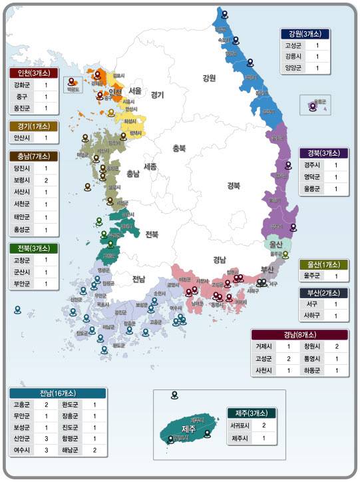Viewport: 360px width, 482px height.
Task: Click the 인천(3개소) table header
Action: [x=34, y=73]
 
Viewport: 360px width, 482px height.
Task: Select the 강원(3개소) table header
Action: [x=305, y=34]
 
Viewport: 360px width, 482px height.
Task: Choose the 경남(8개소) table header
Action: [x=299, y=334]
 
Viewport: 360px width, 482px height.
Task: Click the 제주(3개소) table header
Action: [x=251, y=413]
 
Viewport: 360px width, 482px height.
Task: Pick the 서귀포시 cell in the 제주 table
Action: [x=240, y=425]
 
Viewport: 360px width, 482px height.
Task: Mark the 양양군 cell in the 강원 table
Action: [x=293, y=68]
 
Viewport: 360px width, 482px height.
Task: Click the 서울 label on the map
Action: [x=135, y=91]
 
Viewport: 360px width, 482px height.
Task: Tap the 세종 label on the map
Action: [x=150, y=166]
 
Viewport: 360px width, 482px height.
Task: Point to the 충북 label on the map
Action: [x=178, y=148]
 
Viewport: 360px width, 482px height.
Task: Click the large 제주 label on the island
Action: [x=188, y=429]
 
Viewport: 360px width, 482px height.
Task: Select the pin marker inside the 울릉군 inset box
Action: [x=313, y=106]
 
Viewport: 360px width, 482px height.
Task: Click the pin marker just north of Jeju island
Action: [x=174, y=395]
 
